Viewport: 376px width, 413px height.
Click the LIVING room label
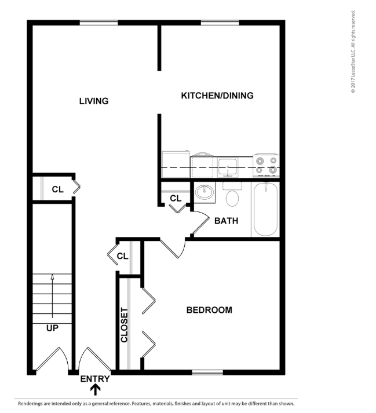tap(94, 101)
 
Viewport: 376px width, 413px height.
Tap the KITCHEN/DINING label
tap(217, 96)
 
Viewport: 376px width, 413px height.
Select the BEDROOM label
tap(209, 310)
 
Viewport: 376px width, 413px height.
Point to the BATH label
tap(226, 221)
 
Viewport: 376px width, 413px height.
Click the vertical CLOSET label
tap(124, 324)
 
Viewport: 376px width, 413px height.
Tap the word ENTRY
tap(94, 379)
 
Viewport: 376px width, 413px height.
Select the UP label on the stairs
tap(52, 327)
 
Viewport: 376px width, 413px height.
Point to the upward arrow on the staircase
tap(52, 295)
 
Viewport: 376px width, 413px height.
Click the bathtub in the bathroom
tap(265, 209)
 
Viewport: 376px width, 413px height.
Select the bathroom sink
tap(203, 192)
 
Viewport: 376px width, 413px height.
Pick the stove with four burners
tap(266, 165)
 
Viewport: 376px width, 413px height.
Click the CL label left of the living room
tap(57, 189)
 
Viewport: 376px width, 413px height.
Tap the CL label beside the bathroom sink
tap(176, 199)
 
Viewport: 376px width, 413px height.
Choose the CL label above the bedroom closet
tap(122, 255)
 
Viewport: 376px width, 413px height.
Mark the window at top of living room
tap(99, 23)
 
